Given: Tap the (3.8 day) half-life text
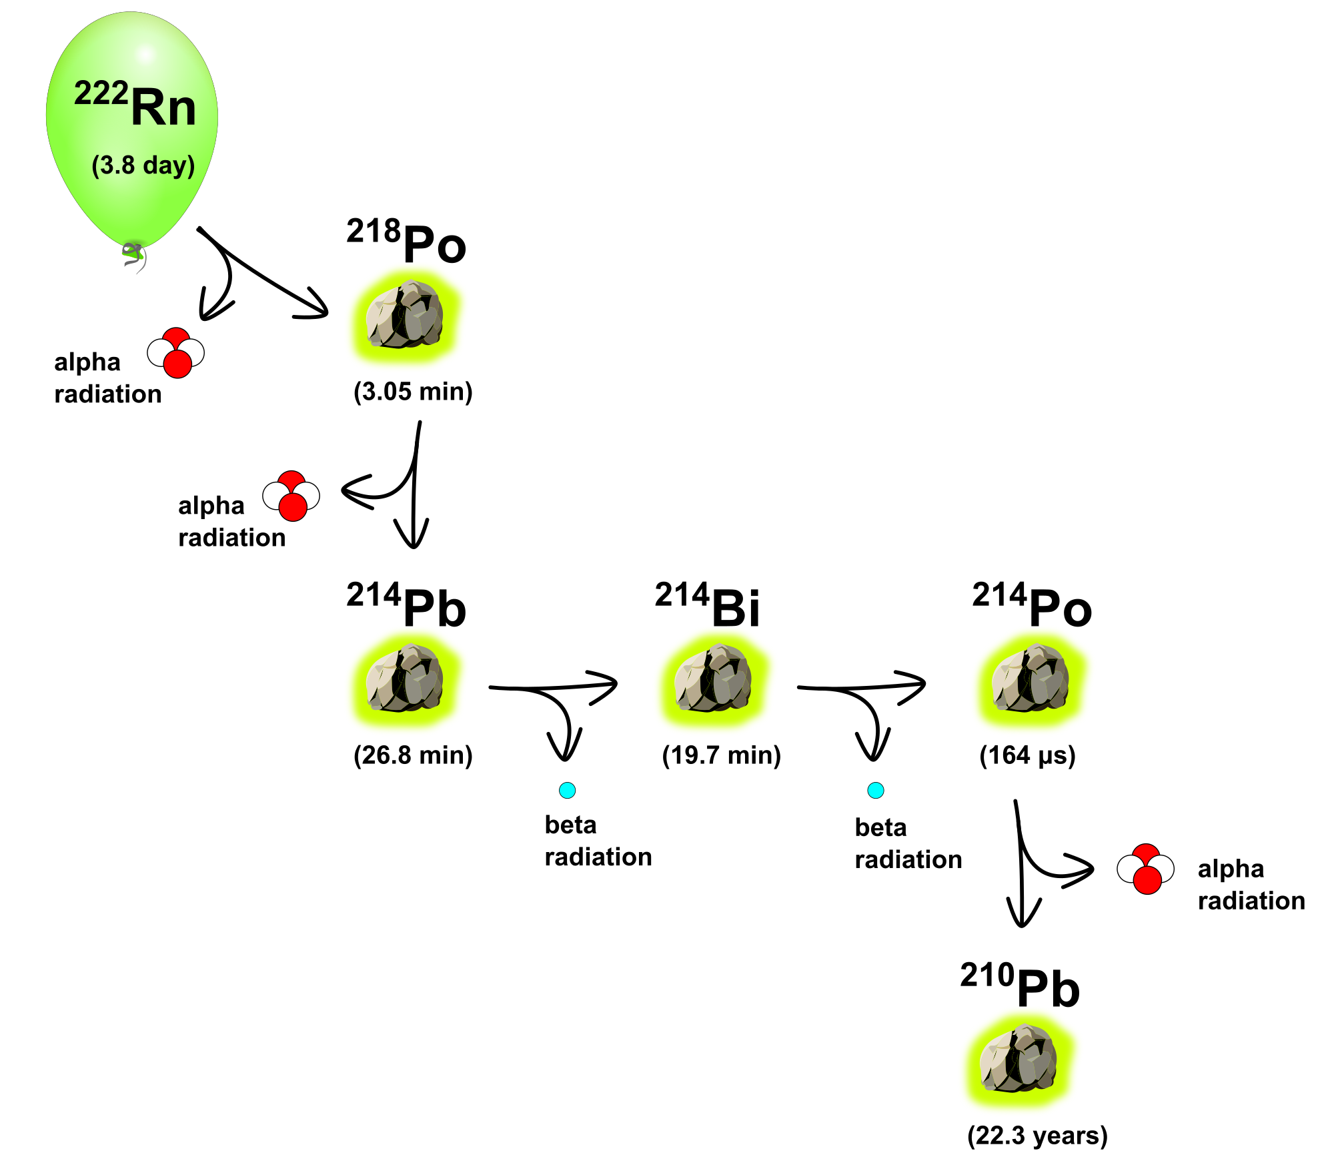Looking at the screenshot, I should pos(143,165).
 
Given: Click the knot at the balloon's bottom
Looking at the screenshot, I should pos(134,254).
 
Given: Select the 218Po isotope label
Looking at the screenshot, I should pos(406,241).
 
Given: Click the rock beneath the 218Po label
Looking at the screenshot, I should pos(405,316).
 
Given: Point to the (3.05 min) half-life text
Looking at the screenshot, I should pos(413,391).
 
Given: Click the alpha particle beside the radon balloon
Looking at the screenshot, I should pos(176,353).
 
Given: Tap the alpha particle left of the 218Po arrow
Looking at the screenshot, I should pos(291,496).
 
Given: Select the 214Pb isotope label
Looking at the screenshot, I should pos(406,605).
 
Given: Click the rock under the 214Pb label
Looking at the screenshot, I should pos(405,679).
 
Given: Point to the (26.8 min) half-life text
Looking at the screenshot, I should pos(413,755).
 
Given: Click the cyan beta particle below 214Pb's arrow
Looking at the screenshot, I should pos(567,791).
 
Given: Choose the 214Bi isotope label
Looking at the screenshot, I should pos(708,605).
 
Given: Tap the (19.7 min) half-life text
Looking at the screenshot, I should pos(721,755).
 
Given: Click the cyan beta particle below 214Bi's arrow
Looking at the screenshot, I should pos(876,791).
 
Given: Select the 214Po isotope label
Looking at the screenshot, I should pos(1032,605).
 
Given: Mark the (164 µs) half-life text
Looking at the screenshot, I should pos(1027,755).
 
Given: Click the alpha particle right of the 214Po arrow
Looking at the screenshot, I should pos(1146,869).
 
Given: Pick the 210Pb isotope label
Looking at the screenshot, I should pos(1020,986).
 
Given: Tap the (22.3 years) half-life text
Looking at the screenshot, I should pos(1037,1136).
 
